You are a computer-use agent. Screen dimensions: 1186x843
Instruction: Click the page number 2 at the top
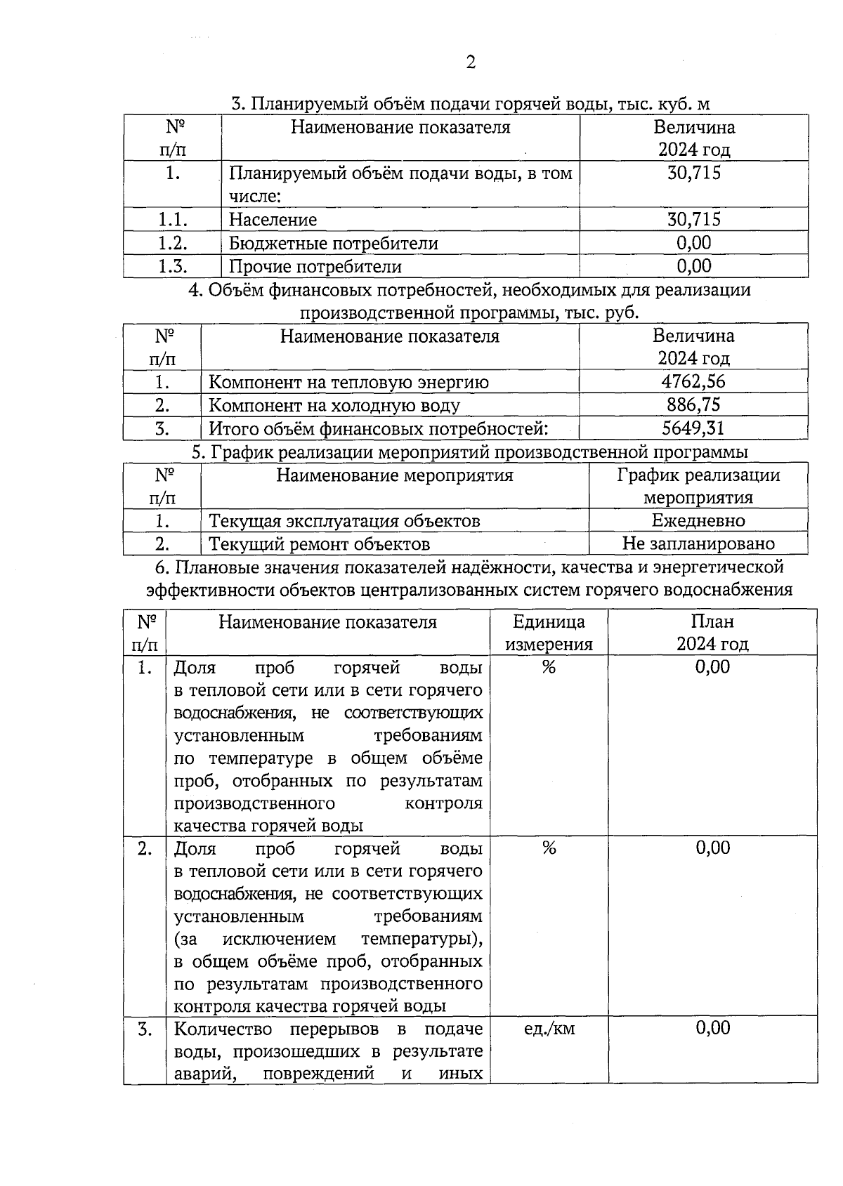coord(471,63)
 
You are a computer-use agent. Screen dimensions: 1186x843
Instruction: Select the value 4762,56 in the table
coord(693,382)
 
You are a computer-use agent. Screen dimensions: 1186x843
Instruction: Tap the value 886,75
coord(693,405)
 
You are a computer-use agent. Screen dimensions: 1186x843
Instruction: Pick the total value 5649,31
coord(693,428)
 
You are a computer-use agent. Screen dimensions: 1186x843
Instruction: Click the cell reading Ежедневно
coord(698,521)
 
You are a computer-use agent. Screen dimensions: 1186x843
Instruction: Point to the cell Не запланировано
coord(698,543)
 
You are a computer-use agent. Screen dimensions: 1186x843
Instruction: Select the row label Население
coord(273,220)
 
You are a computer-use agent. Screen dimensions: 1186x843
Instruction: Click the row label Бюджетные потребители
coord(333,244)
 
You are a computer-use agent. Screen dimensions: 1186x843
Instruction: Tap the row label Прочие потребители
coord(315,267)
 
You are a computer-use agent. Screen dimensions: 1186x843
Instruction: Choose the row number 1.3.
coord(172,267)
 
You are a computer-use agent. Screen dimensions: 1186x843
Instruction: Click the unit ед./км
coord(549,1029)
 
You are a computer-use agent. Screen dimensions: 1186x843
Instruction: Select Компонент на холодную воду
coord(334,405)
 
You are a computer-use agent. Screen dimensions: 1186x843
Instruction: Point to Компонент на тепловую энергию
coord(348,382)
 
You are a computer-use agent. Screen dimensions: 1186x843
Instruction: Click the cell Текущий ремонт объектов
coord(320,544)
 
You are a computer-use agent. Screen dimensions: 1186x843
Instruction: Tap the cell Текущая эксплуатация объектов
coord(344,521)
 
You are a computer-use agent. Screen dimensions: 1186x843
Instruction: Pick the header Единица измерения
coord(549,633)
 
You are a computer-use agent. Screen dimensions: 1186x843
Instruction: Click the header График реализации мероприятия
coord(698,486)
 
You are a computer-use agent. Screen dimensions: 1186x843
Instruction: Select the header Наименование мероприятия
coord(394,475)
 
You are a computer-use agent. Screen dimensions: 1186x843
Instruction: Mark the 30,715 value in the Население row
coord(693,220)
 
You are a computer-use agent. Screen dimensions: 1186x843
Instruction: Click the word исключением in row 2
coord(279,939)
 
